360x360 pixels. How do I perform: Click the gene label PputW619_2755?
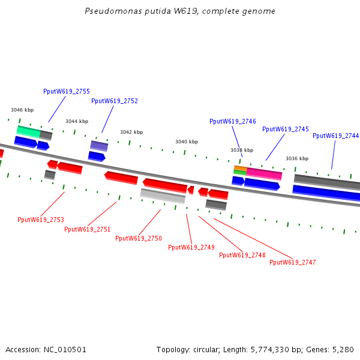(67, 91)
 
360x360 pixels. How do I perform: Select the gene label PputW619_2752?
(115, 101)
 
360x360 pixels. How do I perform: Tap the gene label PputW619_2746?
(233, 121)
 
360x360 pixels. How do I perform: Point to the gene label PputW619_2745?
(286, 129)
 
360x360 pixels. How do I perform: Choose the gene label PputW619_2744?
(335, 136)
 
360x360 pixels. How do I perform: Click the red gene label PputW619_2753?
(41, 220)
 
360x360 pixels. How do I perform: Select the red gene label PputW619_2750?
(139, 238)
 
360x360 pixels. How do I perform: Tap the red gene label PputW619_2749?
(191, 247)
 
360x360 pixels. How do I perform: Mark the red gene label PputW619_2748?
(242, 255)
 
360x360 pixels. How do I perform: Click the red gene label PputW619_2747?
(293, 262)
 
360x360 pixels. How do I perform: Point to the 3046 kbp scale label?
(22, 110)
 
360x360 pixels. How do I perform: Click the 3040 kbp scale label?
(187, 142)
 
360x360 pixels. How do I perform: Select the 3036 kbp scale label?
(297, 158)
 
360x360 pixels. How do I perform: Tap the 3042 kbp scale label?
(131, 132)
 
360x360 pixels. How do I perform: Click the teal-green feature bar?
(28, 130)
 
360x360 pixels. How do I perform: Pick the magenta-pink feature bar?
(264, 173)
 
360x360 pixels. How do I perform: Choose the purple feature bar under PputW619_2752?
(99, 145)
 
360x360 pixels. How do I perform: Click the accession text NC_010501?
(46, 349)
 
